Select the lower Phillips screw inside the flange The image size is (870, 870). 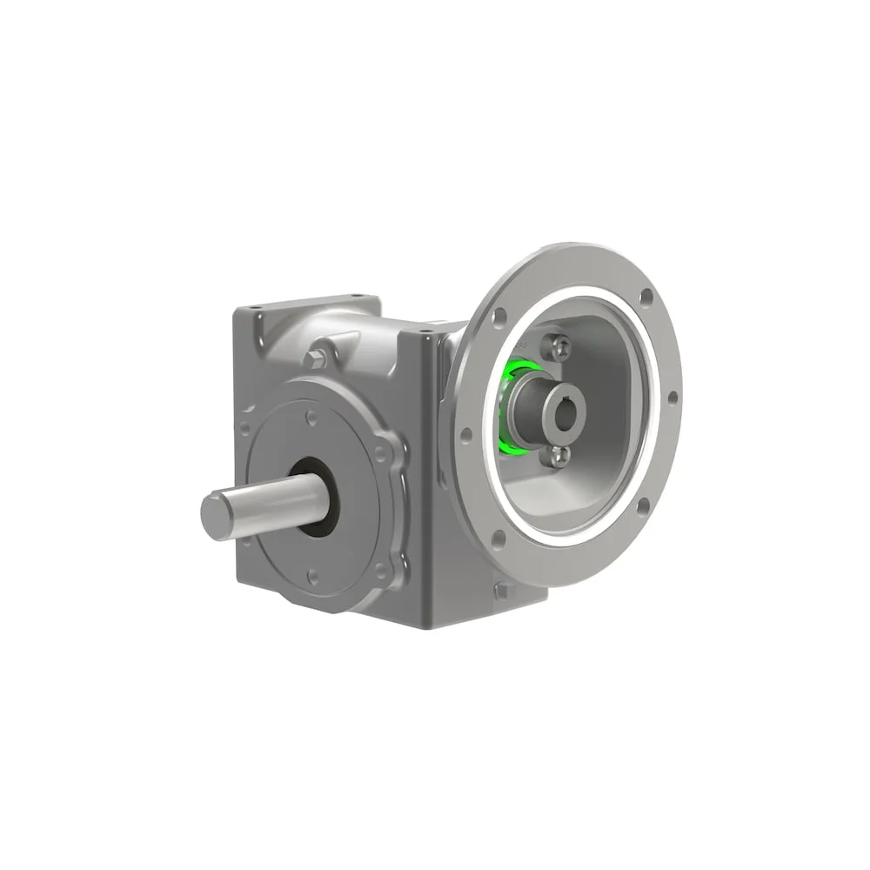pos(559,455)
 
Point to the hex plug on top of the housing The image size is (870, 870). pos(317,358)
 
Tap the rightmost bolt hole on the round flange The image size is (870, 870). pos(673,398)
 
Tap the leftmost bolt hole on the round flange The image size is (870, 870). pos(466,434)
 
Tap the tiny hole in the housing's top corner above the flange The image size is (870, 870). pos(426,331)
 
